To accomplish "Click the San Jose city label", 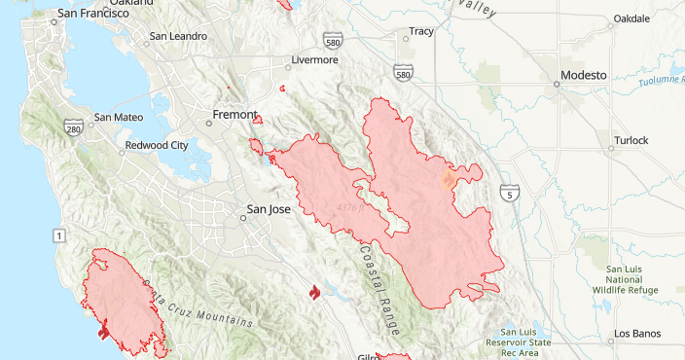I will tap(269, 209).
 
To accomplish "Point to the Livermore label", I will tap(314, 60).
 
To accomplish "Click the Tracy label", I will tap(420, 32).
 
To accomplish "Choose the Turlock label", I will tap(631, 140).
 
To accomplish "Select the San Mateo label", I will tap(119, 118).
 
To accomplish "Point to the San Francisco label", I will tap(93, 14).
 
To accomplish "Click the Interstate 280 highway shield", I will tap(73, 127).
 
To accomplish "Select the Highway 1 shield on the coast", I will tap(60, 235).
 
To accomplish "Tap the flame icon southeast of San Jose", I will tap(313, 292).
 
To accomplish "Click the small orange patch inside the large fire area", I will tap(449, 179).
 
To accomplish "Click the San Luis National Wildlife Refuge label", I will tap(631, 279).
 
